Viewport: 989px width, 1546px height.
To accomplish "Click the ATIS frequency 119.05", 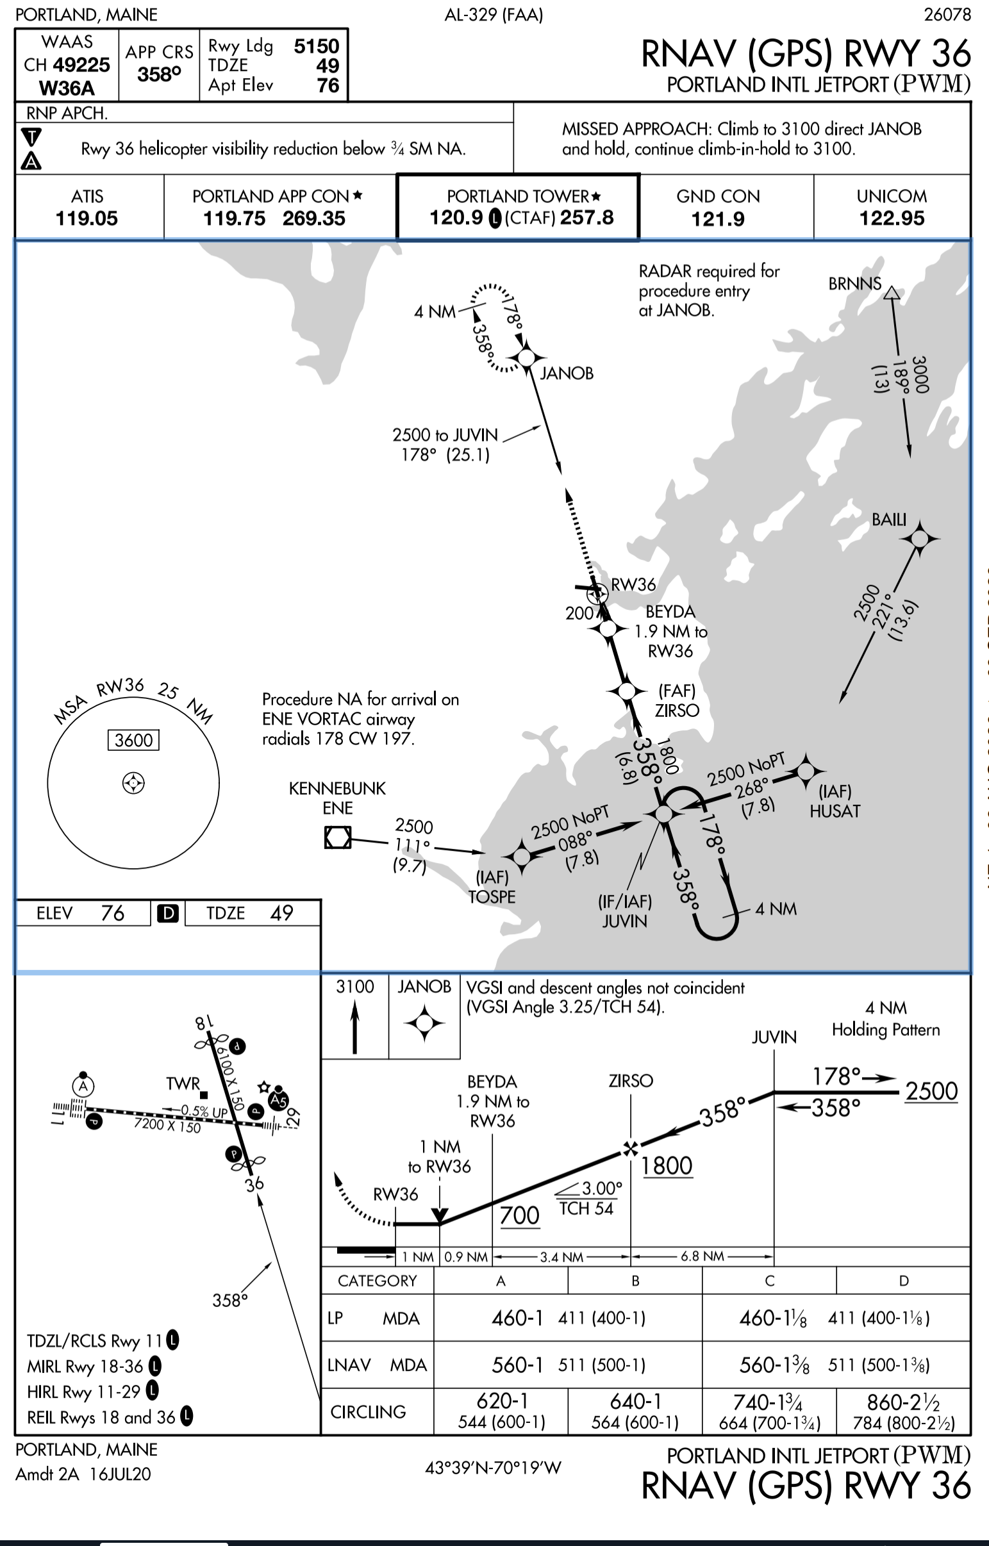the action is coord(87,218).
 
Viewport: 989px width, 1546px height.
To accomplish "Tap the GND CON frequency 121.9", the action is coord(718,219).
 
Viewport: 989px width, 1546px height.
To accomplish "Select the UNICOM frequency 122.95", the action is coord(892,218).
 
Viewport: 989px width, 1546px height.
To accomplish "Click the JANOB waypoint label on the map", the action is coord(567,373).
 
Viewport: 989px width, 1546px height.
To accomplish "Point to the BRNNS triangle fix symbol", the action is coord(892,293).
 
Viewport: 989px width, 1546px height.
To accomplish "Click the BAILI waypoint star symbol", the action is coord(919,538).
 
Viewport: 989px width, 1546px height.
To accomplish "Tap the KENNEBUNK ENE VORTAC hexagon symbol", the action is coord(338,837).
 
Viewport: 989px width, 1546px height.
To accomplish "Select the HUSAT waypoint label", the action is coord(835,811).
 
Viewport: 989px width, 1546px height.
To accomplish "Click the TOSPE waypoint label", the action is coord(492,896).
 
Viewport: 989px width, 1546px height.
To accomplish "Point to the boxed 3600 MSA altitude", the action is coord(133,740).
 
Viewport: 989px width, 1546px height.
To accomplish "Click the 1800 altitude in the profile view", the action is coord(667,1165).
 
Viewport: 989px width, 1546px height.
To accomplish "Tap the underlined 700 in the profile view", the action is coord(520,1215).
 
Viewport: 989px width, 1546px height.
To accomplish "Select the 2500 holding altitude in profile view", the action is coord(931,1091).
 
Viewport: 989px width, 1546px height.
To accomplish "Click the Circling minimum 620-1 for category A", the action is coord(502,1401).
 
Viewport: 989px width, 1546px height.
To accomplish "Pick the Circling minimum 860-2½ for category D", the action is coord(904,1402).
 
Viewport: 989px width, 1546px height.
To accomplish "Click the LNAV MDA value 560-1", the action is coord(518,1364).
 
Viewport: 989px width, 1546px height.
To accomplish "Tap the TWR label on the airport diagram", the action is coord(183,1084).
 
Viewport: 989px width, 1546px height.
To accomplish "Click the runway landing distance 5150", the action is coord(317,46).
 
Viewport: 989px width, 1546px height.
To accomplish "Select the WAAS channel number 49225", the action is coord(81,65).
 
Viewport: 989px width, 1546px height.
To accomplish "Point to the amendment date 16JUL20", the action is coord(120,1474).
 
